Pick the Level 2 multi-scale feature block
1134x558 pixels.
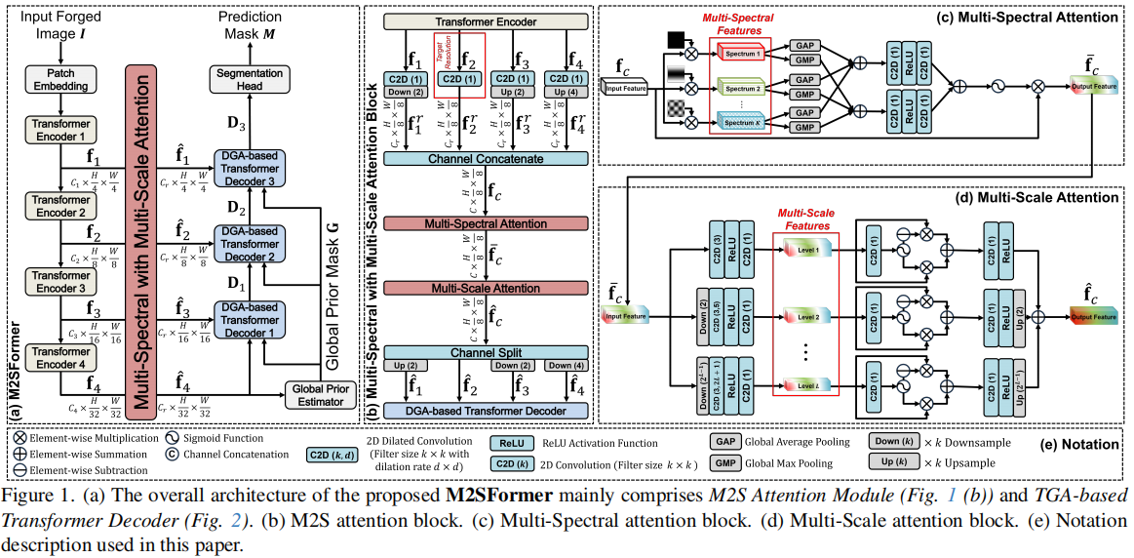(x=806, y=317)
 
